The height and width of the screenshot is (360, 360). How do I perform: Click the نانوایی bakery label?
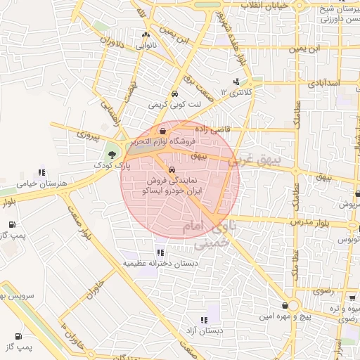pyautogui.click(x=146, y=45)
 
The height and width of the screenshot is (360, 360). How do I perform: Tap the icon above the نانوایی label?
pyautogui.click(x=146, y=34)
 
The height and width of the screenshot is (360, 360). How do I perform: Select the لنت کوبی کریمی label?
pyautogui.click(x=174, y=104)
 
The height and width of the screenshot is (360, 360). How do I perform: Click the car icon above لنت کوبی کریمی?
pyautogui.click(x=174, y=94)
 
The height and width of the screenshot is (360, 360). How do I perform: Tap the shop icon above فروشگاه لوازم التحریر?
pyautogui.click(x=163, y=131)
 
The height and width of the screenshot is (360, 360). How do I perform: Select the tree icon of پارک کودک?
pyautogui.click(x=112, y=153)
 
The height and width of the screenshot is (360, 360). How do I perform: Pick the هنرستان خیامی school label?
pyautogui.click(x=42, y=183)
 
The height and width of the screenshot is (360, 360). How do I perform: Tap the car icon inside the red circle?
pyautogui.click(x=172, y=169)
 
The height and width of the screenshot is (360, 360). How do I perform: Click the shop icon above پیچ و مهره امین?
pyautogui.click(x=284, y=306)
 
